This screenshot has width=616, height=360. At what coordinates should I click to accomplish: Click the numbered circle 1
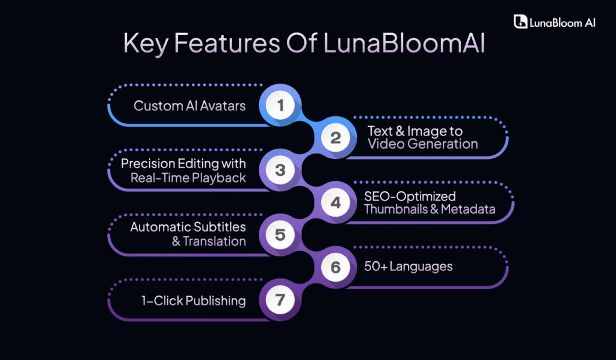[x=280, y=106]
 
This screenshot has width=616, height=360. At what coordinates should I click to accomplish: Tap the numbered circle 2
[x=335, y=138]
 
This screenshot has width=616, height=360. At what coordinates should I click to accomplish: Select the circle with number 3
[x=280, y=170]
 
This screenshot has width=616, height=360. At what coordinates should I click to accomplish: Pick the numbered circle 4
[x=335, y=203]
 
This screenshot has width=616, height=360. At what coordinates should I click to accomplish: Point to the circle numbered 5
[x=280, y=235]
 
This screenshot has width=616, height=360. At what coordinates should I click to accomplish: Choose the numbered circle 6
[x=335, y=267]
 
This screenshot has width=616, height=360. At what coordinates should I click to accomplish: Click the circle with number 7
[x=280, y=300]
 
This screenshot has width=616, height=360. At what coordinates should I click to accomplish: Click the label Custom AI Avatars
[x=189, y=106]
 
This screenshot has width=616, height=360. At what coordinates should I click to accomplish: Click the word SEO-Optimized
[x=410, y=196]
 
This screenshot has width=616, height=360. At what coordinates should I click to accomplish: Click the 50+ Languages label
[x=408, y=266]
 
